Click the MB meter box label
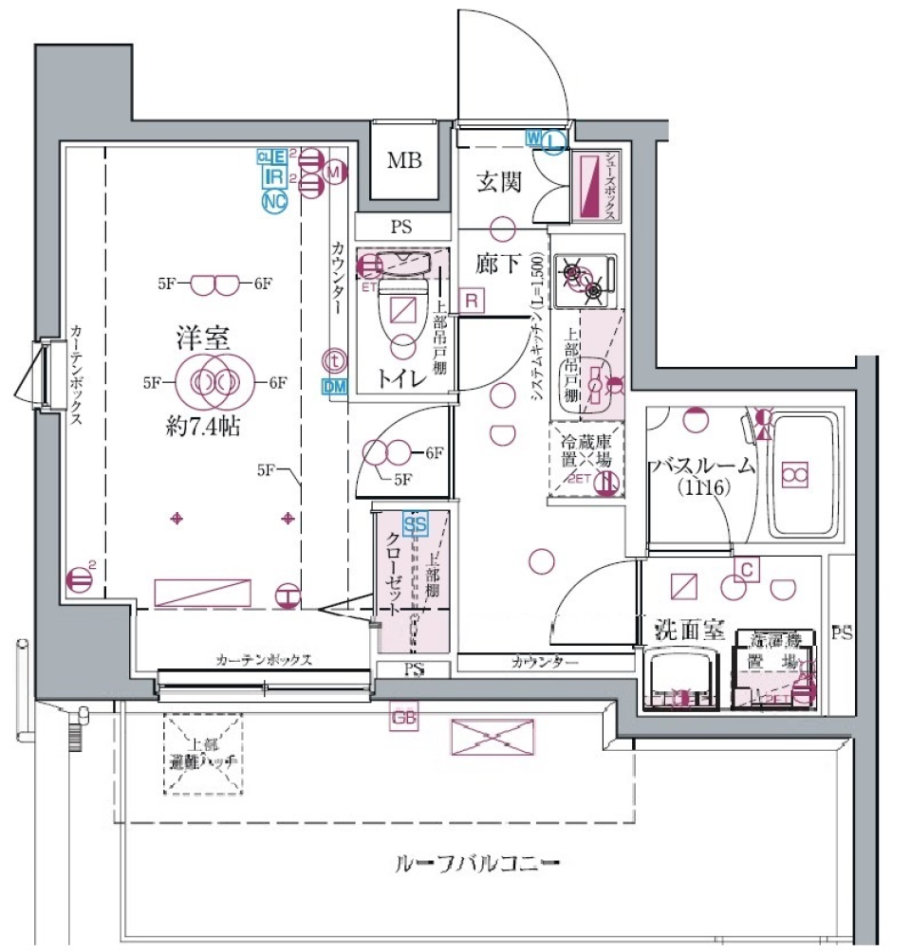click(404, 160)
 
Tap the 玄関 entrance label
click(498, 182)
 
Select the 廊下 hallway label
click(498, 264)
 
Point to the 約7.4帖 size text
click(198, 427)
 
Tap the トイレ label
click(402, 377)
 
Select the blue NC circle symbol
click(275, 200)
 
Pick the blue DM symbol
click(334, 386)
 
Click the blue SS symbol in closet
click(415, 522)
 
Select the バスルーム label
click(702, 466)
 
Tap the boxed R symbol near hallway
click(471, 300)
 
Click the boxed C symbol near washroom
click(748, 569)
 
